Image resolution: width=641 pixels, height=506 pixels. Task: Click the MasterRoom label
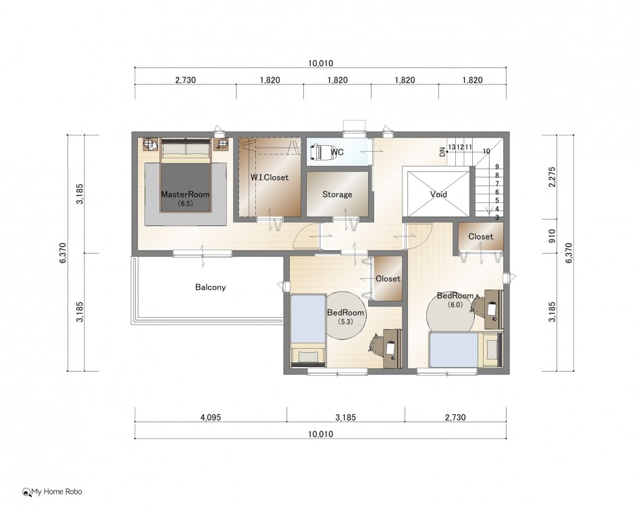pyautogui.click(x=185, y=194)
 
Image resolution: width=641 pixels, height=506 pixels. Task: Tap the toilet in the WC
pyautogui.click(x=319, y=152)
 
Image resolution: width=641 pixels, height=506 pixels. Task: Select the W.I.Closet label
pyautogui.click(x=270, y=177)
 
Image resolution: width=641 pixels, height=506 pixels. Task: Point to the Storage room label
pyautogui.click(x=337, y=194)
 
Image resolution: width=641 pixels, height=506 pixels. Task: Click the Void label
pyautogui.click(x=438, y=194)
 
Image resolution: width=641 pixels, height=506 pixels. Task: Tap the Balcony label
pyautogui.click(x=210, y=287)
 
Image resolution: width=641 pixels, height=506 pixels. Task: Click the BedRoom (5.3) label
pyautogui.click(x=345, y=316)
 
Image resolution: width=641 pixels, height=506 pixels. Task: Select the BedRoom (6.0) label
pyautogui.click(x=455, y=300)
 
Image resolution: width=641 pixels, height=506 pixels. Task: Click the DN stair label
pyautogui.click(x=442, y=152)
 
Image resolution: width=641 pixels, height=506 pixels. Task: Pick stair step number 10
pyautogui.click(x=486, y=151)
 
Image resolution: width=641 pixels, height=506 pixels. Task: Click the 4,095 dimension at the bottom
pyautogui.click(x=211, y=418)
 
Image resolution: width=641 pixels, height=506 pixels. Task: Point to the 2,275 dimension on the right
pyautogui.click(x=553, y=177)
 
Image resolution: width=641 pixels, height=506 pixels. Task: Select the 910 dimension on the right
pyautogui.click(x=553, y=236)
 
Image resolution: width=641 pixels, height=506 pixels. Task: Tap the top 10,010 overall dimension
pyautogui.click(x=320, y=63)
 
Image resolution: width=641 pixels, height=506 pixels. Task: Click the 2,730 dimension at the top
pyautogui.click(x=186, y=80)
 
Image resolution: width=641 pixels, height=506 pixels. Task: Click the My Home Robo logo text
pyautogui.click(x=57, y=492)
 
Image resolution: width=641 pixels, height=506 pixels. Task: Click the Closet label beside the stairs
pyautogui.click(x=481, y=236)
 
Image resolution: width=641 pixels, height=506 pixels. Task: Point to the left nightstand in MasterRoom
pyautogui.click(x=151, y=144)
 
